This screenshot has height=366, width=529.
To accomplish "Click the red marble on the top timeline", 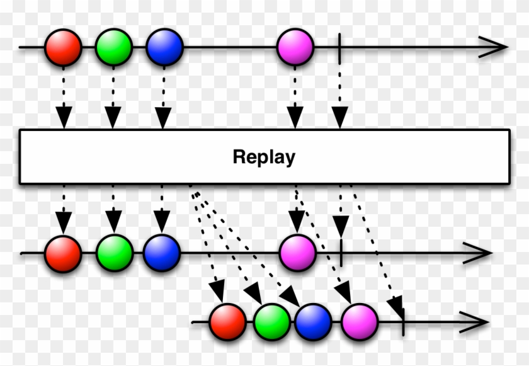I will click(x=64, y=47).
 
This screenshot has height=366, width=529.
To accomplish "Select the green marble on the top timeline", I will click(x=114, y=47).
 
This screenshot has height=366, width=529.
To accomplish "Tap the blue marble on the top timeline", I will click(x=164, y=47).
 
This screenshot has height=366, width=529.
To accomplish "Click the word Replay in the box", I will click(x=264, y=157).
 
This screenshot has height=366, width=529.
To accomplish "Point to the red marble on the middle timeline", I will click(x=63, y=253).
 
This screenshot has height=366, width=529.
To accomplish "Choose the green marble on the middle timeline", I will click(x=114, y=253).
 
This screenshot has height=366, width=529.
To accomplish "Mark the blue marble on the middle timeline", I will click(x=162, y=253).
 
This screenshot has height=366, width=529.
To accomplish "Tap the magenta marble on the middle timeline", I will click(x=297, y=253).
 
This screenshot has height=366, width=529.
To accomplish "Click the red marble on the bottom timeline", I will click(x=227, y=322).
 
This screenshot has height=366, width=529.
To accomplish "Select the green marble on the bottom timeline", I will click(x=273, y=322).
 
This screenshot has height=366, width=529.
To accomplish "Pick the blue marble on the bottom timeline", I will click(x=313, y=322).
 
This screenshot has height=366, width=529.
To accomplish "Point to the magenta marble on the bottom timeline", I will click(x=360, y=322).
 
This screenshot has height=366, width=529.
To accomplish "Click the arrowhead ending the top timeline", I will click(x=494, y=47).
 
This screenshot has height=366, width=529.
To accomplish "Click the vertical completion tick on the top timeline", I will click(x=339, y=47).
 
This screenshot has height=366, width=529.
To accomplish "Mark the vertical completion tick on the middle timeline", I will click(x=340, y=253).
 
